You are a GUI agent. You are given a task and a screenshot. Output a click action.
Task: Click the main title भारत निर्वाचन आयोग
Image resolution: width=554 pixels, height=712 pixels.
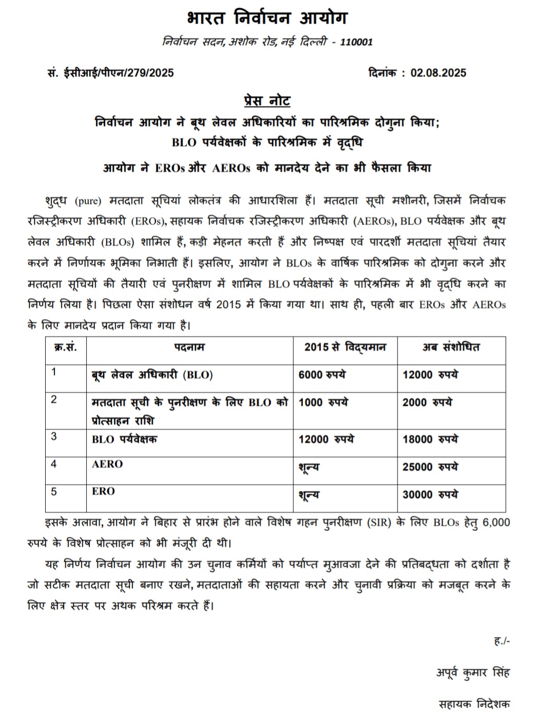click(267, 18)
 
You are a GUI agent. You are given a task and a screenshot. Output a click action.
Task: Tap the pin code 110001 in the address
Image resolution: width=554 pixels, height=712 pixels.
click(357, 42)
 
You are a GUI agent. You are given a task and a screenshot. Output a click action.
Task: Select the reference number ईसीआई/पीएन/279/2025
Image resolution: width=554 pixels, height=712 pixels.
click(118, 73)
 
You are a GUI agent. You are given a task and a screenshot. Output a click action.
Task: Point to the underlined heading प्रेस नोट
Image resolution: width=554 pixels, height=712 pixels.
click(267, 100)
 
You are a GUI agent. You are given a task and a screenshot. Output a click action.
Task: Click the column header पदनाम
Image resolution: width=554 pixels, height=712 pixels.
click(189, 347)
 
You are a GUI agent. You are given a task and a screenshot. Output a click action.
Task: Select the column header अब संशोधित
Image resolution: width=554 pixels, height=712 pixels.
click(451, 347)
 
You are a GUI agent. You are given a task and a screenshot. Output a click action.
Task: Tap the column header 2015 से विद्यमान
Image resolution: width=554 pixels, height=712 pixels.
click(345, 347)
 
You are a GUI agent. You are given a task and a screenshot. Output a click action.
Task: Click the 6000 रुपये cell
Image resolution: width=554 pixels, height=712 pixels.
click(322, 375)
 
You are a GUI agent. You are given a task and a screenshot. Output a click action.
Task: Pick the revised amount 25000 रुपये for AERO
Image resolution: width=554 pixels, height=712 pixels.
click(430, 467)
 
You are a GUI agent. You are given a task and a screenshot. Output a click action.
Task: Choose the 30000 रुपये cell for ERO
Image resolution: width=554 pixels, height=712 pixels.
click(430, 495)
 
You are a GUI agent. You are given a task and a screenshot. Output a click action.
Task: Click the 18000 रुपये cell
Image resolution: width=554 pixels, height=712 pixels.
click(430, 439)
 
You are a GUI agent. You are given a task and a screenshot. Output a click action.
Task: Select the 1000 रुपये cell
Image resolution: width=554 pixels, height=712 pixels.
click(323, 403)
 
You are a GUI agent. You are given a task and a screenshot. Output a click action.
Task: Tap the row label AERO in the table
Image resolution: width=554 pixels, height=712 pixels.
click(107, 464)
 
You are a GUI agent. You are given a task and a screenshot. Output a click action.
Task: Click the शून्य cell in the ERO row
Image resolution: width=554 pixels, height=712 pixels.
click(309, 495)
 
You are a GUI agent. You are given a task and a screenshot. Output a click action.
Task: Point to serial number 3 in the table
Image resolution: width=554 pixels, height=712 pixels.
click(54, 436)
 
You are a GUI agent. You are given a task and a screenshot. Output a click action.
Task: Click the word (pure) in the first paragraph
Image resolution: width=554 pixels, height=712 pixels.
click(87, 201)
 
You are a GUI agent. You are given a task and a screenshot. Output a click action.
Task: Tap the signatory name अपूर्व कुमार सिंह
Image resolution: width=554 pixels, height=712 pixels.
click(473, 673)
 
